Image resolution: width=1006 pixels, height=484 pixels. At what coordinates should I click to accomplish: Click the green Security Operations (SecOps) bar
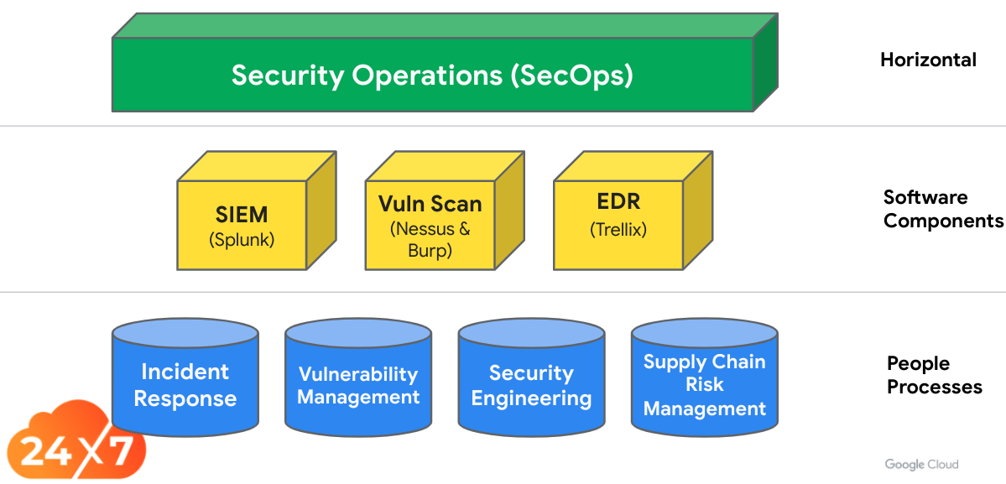click(x=432, y=75)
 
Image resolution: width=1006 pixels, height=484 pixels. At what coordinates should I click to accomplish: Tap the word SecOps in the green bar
click(x=571, y=75)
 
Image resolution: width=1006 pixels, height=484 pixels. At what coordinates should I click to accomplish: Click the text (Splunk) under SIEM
click(x=242, y=239)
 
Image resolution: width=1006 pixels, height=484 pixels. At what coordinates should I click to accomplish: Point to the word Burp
click(x=430, y=250)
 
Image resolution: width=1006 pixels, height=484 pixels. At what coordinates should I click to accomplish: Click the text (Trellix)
click(x=619, y=228)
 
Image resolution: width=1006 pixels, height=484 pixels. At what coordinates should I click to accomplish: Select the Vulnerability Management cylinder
click(x=358, y=386)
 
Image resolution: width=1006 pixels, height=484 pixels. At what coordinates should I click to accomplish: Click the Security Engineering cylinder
click(x=531, y=386)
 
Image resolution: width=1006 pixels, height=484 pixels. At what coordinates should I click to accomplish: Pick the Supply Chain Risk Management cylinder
click(x=704, y=386)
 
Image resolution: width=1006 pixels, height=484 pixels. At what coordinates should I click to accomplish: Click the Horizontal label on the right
click(x=928, y=60)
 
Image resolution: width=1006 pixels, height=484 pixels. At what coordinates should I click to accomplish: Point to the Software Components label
click(x=941, y=209)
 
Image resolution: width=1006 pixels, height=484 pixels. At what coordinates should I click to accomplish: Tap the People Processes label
click(x=933, y=375)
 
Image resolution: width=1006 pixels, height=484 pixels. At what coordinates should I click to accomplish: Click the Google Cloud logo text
click(x=921, y=464)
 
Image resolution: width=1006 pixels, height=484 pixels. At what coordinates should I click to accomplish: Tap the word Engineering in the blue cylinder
click(x=531, y=398)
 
